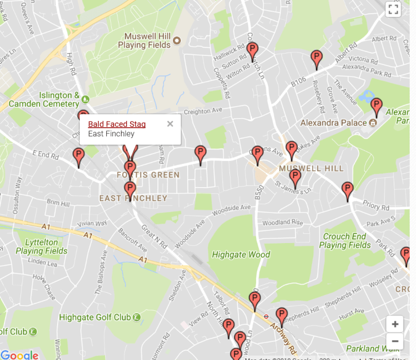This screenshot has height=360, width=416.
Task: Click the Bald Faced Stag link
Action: (116, 124)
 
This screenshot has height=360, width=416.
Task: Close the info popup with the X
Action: (170, 124)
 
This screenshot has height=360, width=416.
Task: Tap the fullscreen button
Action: (393, 9)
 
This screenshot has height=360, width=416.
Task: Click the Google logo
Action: (19, 355)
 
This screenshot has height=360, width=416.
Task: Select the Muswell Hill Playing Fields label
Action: (147, 41)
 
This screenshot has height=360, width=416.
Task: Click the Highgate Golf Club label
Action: (95, 317)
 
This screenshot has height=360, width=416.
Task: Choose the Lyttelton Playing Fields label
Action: (41, 246)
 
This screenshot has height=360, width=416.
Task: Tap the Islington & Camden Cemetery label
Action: (59, 100)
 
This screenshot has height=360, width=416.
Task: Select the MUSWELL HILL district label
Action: (311, 168)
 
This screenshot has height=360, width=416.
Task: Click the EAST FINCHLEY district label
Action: (133, 199)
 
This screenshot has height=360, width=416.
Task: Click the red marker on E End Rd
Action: (79, 156)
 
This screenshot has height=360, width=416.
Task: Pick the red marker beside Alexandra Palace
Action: (376, 106)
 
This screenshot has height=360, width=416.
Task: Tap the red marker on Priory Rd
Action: (347, 190)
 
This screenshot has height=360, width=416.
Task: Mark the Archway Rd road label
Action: (284, 336)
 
